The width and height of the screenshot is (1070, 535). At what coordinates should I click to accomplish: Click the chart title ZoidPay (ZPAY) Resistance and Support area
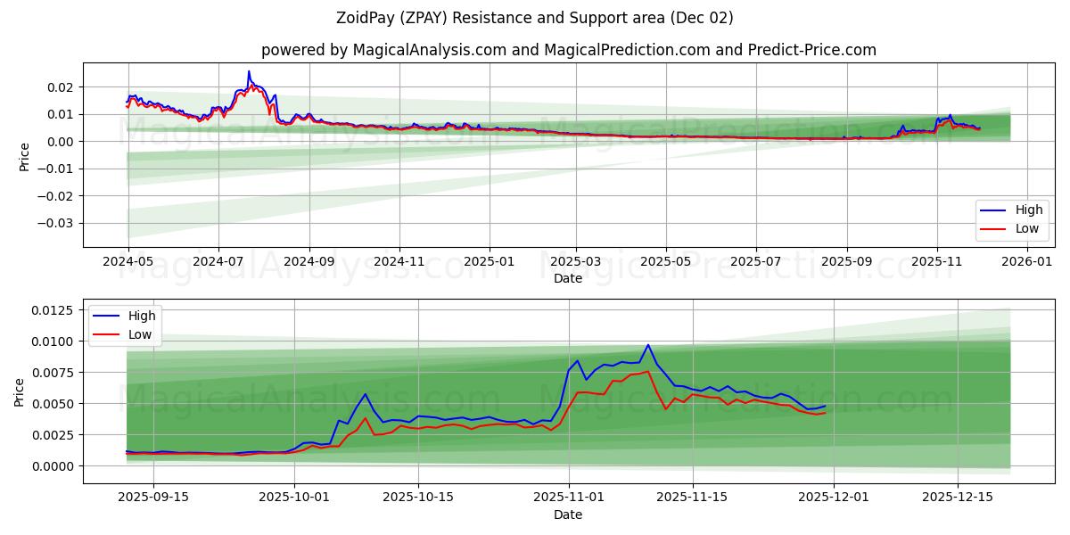tap(535, 18)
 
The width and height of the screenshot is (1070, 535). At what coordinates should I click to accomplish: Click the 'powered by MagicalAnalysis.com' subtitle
tap(568, 50)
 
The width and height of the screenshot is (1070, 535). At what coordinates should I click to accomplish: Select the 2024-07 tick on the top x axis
tap(218, 262)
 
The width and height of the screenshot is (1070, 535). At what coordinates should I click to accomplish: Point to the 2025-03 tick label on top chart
tap(575, 262)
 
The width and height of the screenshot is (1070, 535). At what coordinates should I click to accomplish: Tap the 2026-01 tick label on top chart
tap(1027, 262)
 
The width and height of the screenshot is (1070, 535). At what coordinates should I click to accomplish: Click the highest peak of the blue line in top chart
tap(249, 71)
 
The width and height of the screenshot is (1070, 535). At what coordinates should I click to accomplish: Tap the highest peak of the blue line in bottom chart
tap(648, 345)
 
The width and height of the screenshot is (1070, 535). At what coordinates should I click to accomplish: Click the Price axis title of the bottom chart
tap(20, 391)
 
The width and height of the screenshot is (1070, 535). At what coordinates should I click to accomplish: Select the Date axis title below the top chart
tap(568, 278)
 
